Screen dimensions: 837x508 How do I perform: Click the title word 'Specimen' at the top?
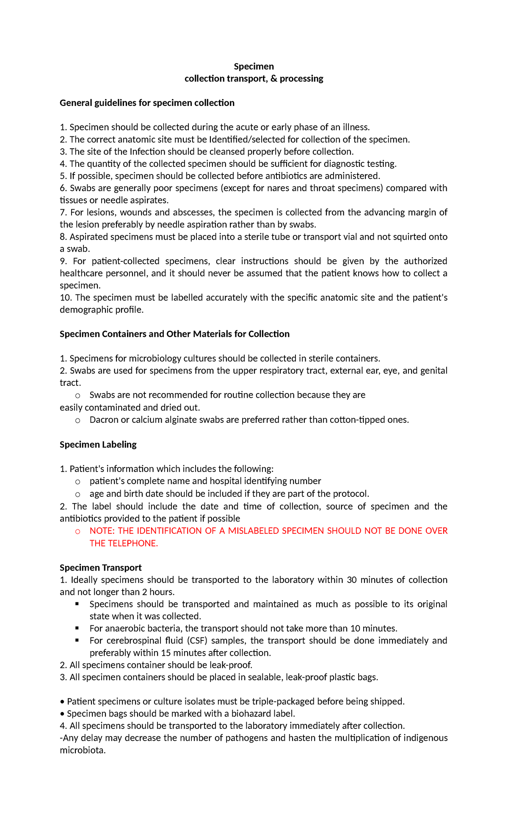pyautogui.click(x=254, y=67)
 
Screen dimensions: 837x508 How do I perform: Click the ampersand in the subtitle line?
pyautogui.click(x=273, y=79)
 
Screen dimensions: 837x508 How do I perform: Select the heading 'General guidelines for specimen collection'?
pyautogui.click(x=147, y=103)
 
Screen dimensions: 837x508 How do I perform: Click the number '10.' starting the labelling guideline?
pyautogui.click(x=66, y=298)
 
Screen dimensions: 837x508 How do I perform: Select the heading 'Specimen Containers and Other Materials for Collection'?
pyautogui.click(x=174, y=334)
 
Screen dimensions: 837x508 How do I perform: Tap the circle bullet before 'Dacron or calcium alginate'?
pyautogui.click(x=77, y=421)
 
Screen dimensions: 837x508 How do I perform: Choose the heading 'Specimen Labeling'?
pyautogui.click(x=98, y=445)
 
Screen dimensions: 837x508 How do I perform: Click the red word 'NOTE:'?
pyautogui.click(x=102, y=531)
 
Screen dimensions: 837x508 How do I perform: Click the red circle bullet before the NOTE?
pyautogui.click(x=77, y=532)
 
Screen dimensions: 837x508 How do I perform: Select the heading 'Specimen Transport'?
pyautogui.click(x=101, y=568)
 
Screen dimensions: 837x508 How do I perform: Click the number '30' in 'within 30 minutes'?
pyautogui.click(x=352, y=580)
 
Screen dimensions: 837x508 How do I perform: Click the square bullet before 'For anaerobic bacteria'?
pyautogui.click(x=77, y=628)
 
